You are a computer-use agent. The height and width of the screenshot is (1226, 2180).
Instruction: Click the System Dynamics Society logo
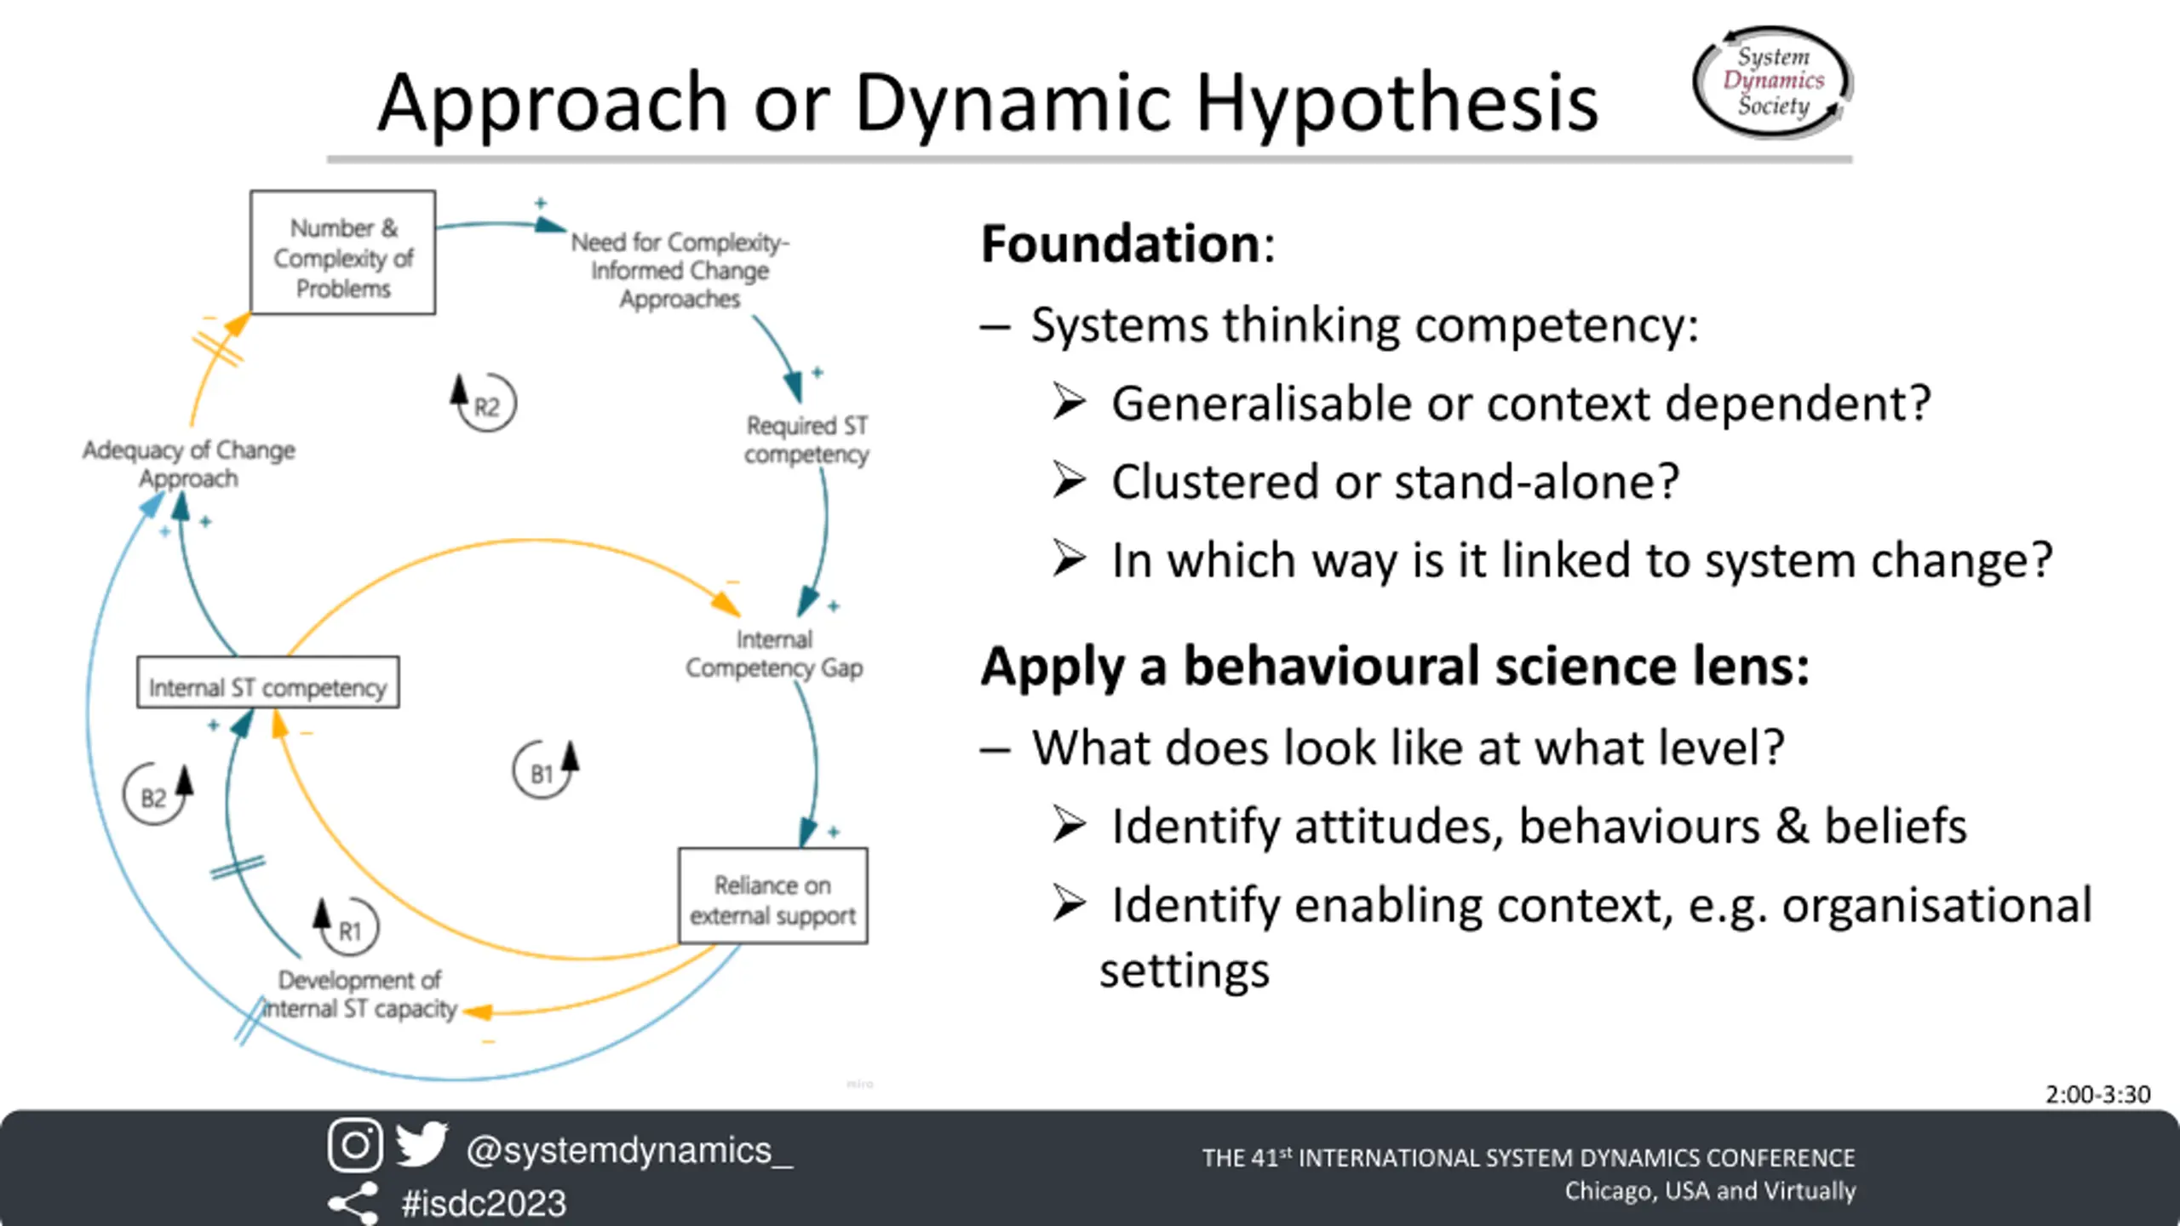tap(1773, 82)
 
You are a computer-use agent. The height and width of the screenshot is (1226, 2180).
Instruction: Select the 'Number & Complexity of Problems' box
tap(343, 253)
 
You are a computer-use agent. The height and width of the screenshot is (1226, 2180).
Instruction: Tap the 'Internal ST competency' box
tap(267, 683)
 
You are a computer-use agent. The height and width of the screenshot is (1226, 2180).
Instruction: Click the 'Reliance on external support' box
tap(772, 897)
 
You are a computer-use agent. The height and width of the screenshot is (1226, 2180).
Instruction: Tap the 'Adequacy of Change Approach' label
tap(189, 464)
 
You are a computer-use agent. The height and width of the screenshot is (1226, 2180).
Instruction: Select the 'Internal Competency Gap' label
tap(774, 654)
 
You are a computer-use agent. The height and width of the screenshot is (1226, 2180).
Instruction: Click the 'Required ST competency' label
tap(806, 439)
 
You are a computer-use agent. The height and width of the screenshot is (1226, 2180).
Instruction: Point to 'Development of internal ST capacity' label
tap(359, 994)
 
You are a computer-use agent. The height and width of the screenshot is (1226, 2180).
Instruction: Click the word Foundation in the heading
tap(1121, 244)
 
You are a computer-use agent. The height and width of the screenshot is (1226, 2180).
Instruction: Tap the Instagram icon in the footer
tap(355, 1145)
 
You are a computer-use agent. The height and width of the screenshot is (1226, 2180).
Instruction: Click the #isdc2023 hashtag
tap(484, 1203)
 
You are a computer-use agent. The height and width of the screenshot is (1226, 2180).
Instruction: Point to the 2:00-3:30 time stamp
tap(2097, 1094)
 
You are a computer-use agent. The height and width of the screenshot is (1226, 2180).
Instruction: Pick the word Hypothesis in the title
tap(1397, 104)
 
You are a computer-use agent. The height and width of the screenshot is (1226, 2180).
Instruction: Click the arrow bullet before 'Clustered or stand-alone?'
tap(1069, 481)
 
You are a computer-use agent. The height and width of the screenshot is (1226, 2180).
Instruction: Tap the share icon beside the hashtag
tap(353, 1203)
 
